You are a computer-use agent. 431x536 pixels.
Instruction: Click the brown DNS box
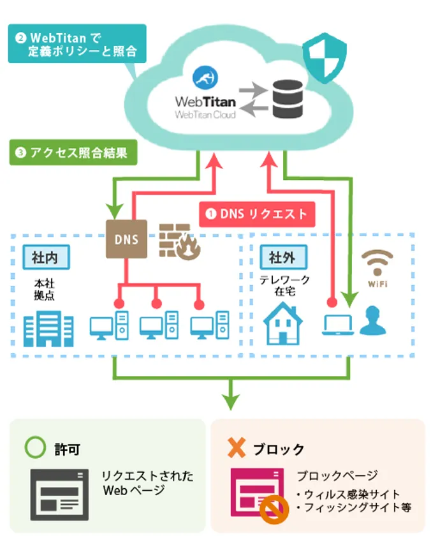click(126, 239)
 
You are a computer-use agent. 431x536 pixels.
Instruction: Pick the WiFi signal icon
click(377, 263)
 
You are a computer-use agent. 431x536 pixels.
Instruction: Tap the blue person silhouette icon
click(372, 320)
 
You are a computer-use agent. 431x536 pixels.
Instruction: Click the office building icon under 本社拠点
click(48, 329)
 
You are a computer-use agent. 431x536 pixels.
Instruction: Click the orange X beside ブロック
click(236, 448)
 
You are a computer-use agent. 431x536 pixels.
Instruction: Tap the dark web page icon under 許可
click(60, 494)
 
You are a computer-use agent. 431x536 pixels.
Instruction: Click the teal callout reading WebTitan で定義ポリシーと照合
click(77, 43)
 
